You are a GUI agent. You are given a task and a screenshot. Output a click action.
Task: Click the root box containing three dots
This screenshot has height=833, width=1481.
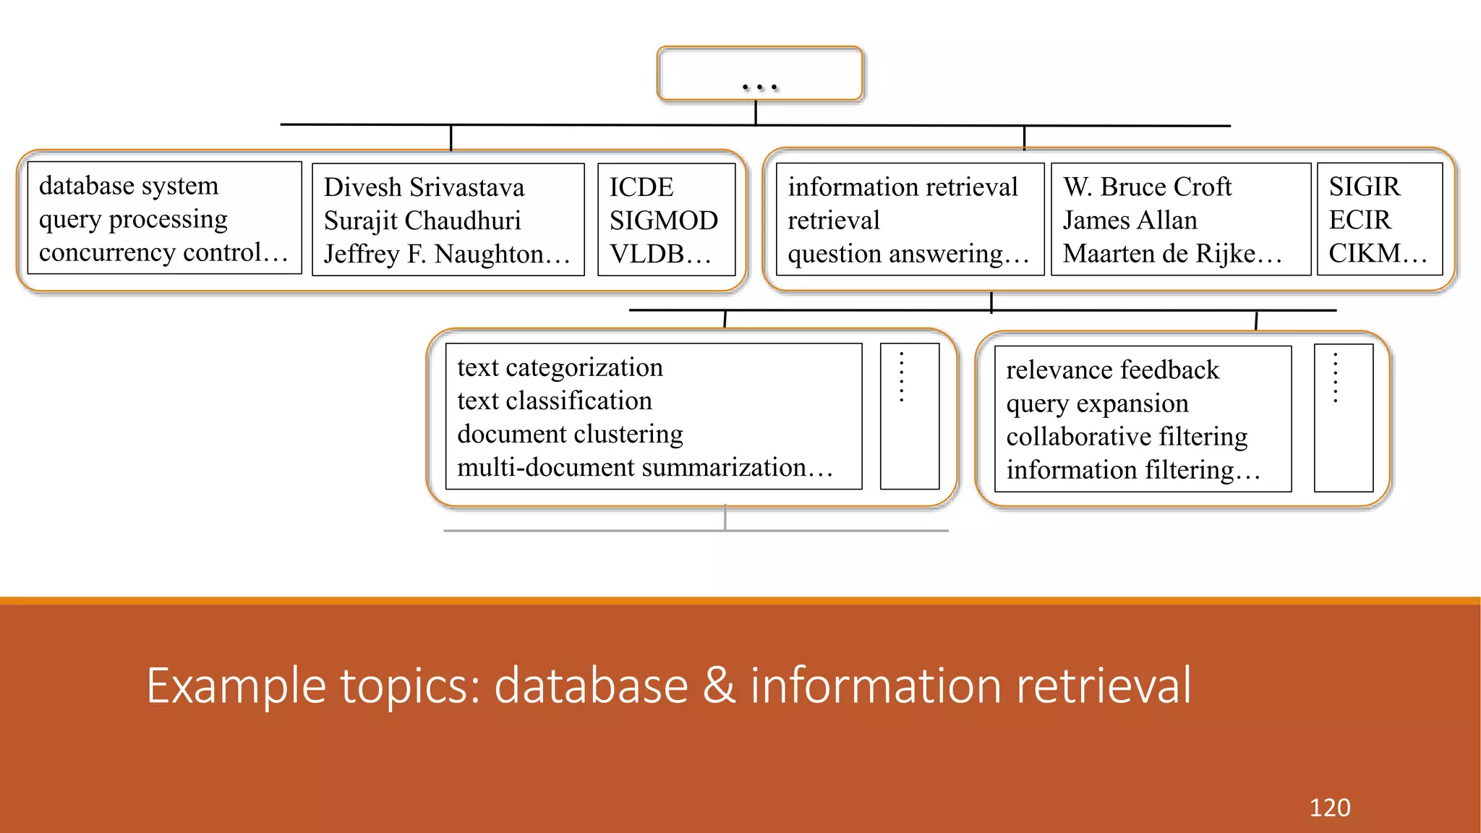click(x=759, y=73)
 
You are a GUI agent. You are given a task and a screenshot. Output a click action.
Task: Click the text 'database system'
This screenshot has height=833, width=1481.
click(x=129, y=186)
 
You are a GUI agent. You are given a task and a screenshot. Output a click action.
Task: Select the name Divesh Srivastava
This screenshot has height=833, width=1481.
click(x=424, y=187)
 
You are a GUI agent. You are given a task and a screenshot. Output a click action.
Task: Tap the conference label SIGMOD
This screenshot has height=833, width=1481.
click(x=663, y=221)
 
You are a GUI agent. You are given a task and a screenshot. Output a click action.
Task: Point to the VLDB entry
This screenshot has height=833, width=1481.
click(x=647, y=254)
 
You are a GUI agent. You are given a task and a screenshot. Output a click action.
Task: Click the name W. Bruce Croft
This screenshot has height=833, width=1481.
click(x=1147, y=187)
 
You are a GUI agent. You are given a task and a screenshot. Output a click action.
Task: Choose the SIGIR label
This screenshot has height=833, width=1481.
click(x=1365, y=187)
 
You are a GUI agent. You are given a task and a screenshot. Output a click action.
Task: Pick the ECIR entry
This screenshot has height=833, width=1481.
click(x=1360, y=220)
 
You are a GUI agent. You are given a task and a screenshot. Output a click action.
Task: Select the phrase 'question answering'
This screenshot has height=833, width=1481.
click(x=895, y=254)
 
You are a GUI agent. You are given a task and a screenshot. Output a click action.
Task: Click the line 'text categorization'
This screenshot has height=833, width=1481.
click(x=560, y=367)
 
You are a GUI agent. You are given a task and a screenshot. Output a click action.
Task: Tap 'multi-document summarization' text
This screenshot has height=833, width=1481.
click(x=631, y=467)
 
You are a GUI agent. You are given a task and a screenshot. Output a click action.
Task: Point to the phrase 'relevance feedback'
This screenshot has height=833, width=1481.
click(x=1112, y=370)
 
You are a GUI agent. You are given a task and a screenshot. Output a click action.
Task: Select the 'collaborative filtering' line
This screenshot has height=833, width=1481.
click(x=1127, y=437)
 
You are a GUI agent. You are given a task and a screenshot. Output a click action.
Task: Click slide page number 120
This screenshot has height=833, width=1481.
click(x=1329, y=807)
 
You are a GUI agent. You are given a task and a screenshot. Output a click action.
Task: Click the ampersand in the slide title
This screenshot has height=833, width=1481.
click(x=719, y=685)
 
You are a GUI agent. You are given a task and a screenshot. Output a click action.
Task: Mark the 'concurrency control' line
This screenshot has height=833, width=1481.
click(x=150, y=252)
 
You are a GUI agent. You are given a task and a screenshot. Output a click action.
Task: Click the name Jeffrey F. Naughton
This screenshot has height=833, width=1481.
click(x=434, y=254)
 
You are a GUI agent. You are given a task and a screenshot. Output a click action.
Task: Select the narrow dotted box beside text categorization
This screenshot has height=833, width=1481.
click(x=909, y=416)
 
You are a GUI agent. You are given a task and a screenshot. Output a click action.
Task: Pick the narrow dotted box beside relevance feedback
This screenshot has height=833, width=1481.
click(x=1343, y=418)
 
